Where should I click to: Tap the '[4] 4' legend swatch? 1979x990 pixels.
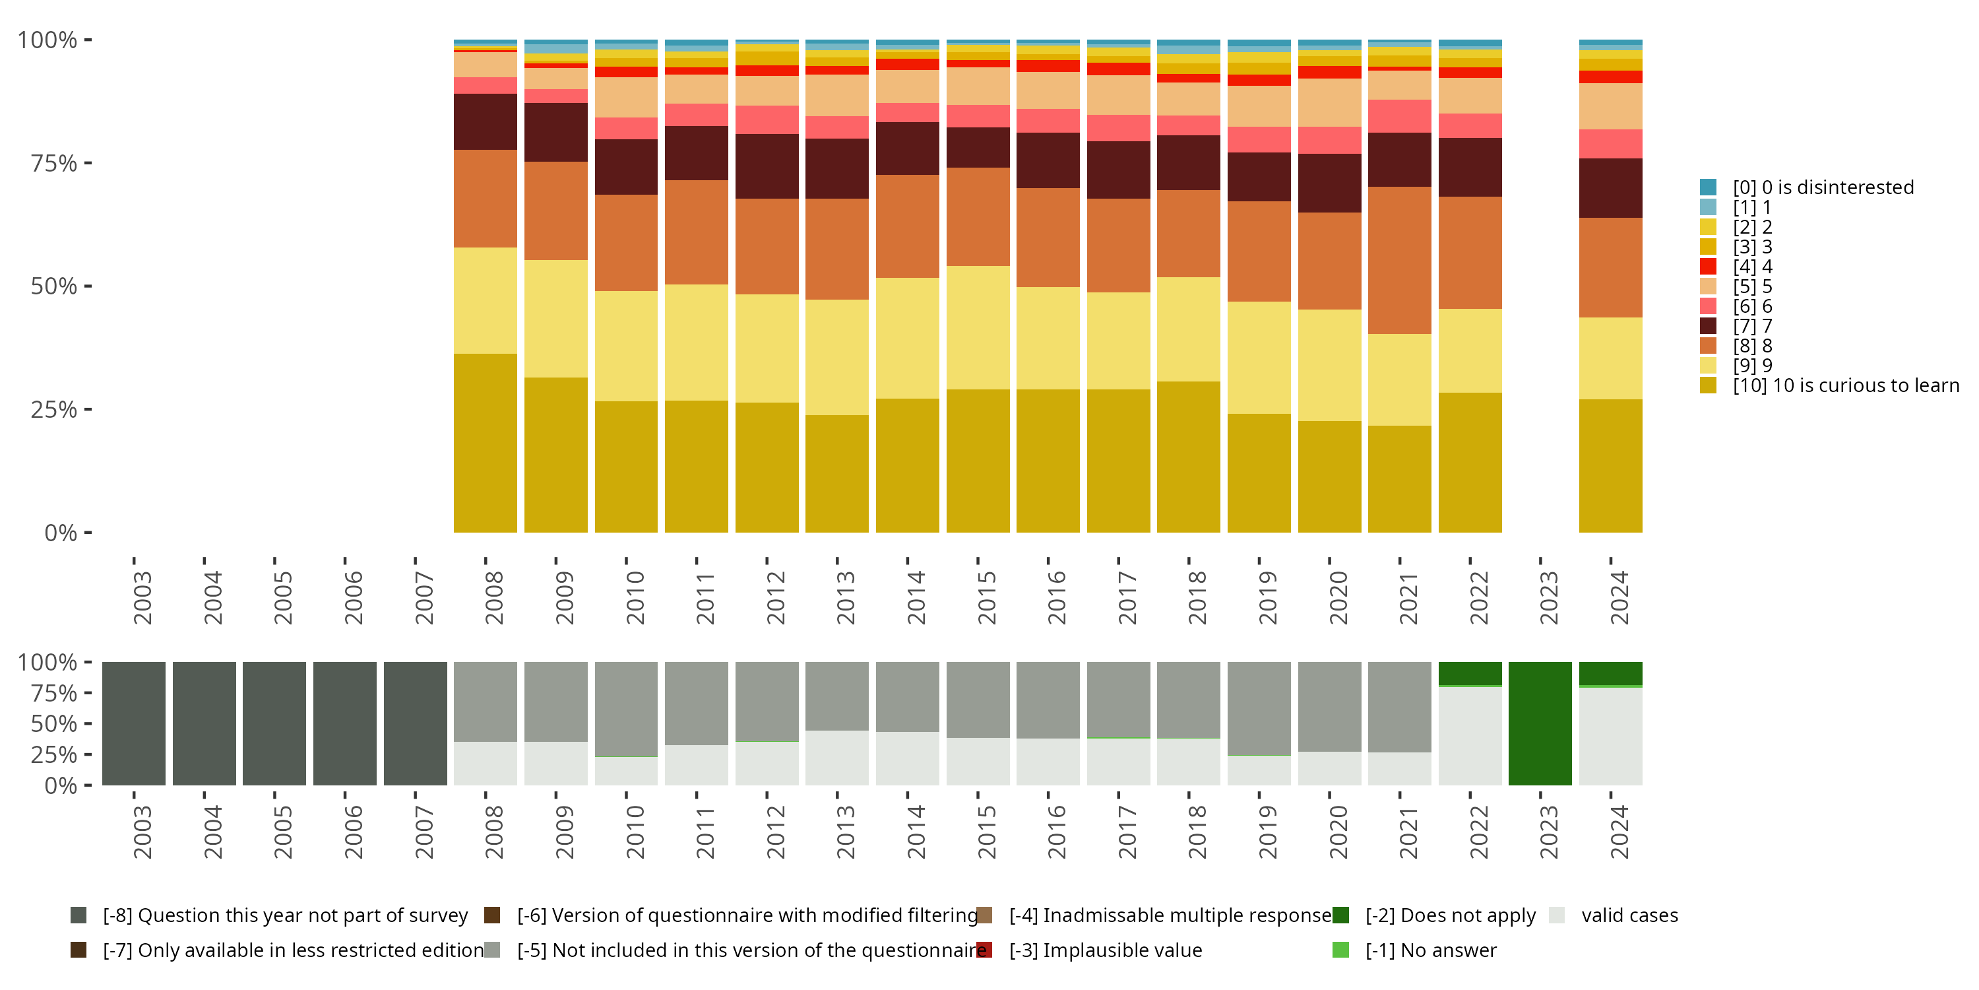tap(1708, 267)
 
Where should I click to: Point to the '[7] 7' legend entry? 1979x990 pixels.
tap(1751, 326)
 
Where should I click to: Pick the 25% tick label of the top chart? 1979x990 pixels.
tap(54, 410)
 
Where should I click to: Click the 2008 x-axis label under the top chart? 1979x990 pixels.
tap(494, 597)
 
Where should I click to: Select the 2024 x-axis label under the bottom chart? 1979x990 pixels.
tap(1619, 832)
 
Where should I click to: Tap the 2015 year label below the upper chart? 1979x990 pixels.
tap(986, 597)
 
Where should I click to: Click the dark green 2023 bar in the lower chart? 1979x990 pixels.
tap(1540, 723)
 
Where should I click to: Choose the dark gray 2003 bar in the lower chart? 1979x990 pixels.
tap(134, 723)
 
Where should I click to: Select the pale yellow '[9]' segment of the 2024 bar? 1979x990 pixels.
tap(1610, 358)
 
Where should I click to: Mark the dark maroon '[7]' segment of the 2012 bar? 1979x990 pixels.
tap(767, 166)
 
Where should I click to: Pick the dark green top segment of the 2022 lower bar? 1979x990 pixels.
tap(1470, 673)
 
